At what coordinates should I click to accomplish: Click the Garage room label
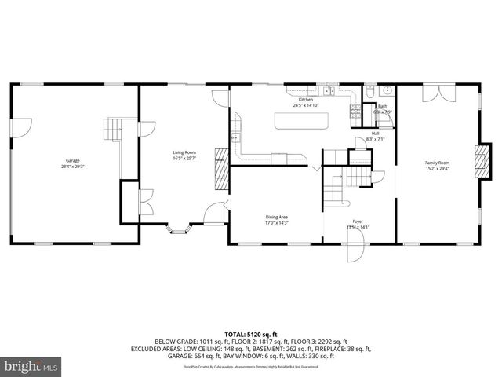[72, 160]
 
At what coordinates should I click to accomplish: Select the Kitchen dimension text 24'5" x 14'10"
[305, 105]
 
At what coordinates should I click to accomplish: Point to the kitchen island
[301, 121]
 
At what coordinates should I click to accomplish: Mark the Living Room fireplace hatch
[222, 169]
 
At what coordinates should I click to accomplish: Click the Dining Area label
[276, 217]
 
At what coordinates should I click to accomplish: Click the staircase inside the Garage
[115, 130]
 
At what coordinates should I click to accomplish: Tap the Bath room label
[383, 107]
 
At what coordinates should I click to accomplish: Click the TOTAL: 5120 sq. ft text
[251, 333]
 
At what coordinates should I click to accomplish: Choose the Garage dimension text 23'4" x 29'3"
[72, 167]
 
